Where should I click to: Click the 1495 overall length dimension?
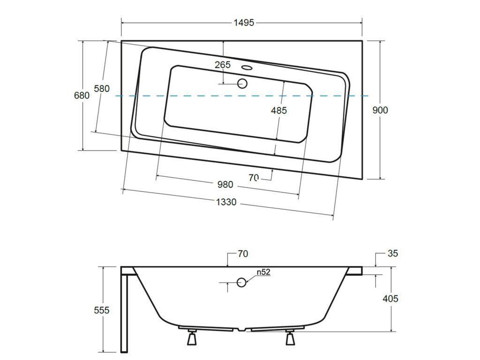click(244, 22)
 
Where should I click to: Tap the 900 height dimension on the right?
click(380, 110)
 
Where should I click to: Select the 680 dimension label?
click(82, 96)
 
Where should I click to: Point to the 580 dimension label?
click(102, 89)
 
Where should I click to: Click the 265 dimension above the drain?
click(223, 65)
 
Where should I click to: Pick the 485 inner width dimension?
click(279, 111)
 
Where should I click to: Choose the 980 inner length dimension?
click(225, 185)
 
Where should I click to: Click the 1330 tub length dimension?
click(226, 202)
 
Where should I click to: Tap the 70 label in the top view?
click(254, 177)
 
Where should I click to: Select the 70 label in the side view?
click(243, 254)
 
